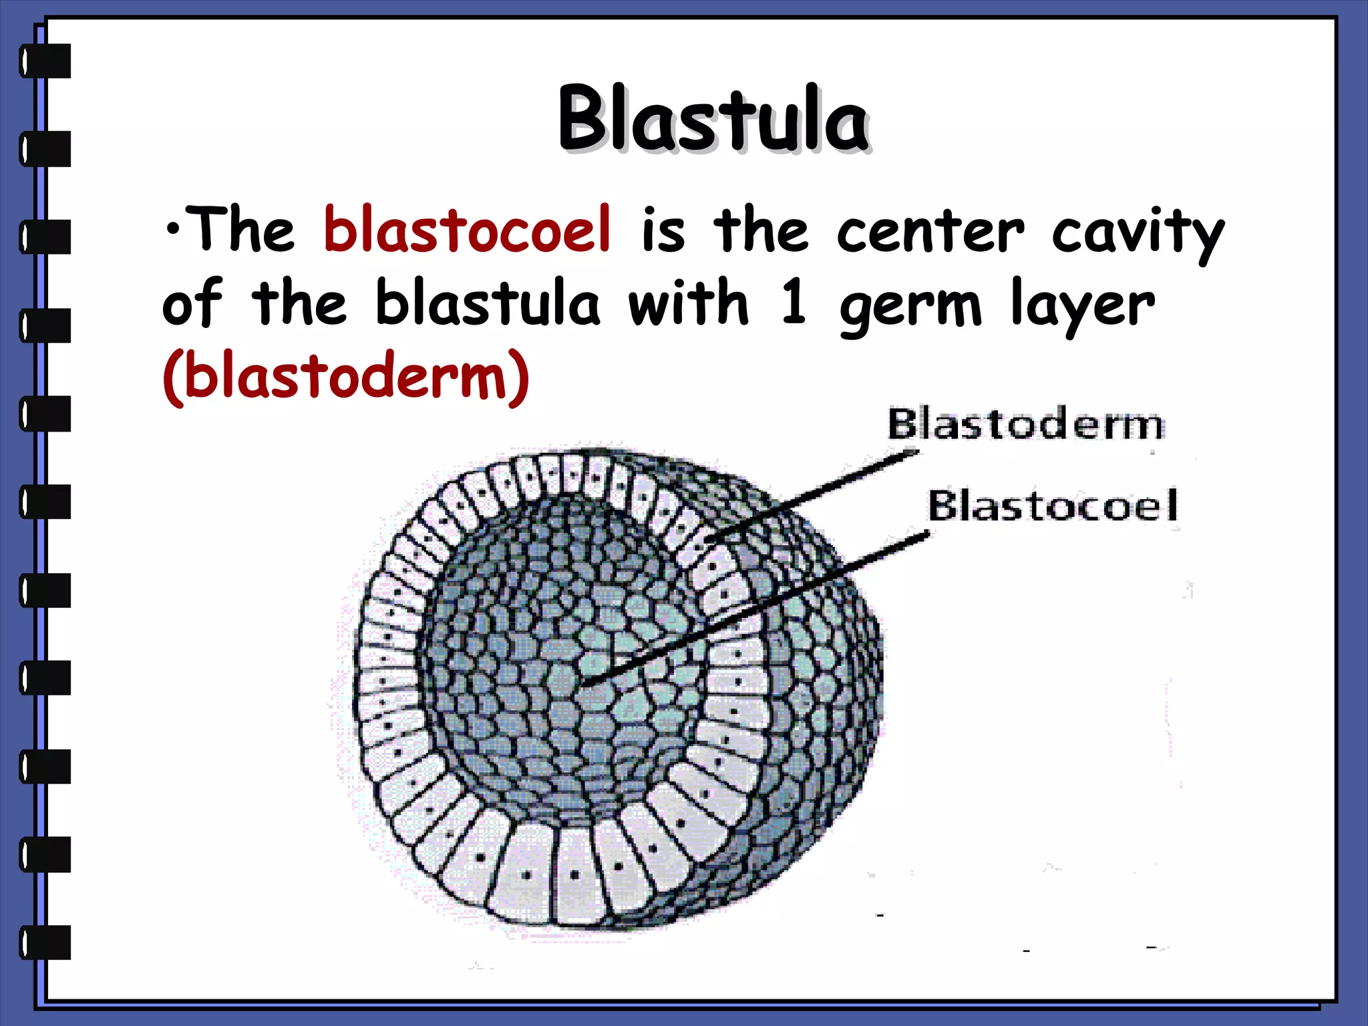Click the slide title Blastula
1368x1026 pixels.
713,119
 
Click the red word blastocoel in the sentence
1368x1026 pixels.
467,230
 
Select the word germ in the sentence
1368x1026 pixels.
910,307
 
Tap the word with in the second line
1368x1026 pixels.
689,304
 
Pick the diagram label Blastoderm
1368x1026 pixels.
1025,424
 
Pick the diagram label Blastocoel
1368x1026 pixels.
1053,506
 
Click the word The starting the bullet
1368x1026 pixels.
240,230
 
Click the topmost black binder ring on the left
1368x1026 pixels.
45,61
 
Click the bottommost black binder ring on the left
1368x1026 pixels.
45,942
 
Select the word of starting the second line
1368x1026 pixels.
192,304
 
